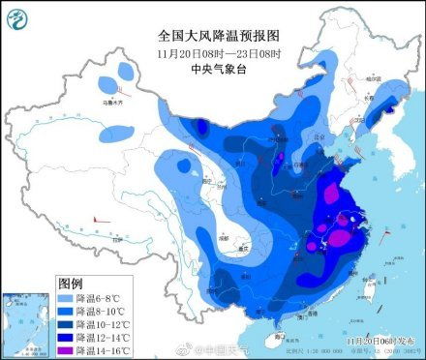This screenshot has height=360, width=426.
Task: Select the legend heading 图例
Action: tap(70, 284)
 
